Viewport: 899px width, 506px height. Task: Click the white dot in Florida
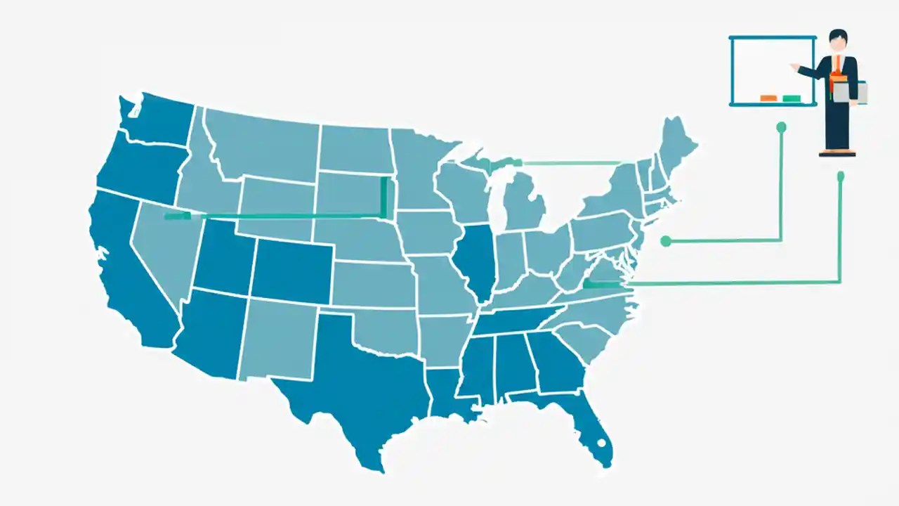601,443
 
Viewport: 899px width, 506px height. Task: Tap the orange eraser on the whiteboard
768,98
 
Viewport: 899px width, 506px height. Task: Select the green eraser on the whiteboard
792,98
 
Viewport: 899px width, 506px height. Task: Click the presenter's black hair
837,34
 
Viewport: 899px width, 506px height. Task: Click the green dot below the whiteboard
781,127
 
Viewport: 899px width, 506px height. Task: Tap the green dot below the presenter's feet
840,175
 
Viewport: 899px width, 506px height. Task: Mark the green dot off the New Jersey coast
666,242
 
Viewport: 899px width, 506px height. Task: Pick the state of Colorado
291,271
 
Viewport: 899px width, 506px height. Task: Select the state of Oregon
140,169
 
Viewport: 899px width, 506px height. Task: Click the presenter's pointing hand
794,67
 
